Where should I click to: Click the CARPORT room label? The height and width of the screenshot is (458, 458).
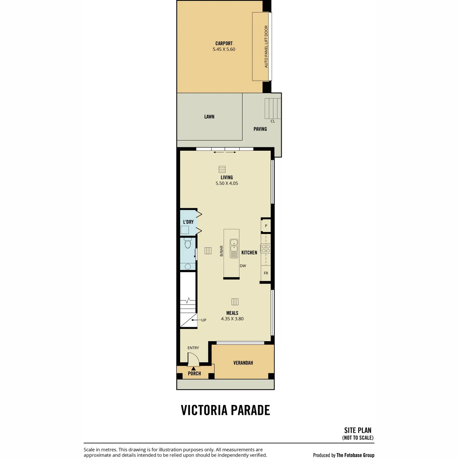[224, 43]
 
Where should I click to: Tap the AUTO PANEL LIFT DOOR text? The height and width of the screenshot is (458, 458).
[266, 47]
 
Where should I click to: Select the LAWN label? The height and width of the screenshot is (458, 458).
[209, 116]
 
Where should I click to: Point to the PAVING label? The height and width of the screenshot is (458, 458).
[260, 129]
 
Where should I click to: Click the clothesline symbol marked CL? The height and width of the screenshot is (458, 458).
[273, 108]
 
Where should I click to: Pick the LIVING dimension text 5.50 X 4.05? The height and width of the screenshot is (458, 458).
[226, 183]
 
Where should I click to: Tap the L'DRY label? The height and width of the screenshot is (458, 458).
[188, 222]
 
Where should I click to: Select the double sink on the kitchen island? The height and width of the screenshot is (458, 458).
[234, 248]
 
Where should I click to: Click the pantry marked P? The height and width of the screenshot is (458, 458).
[266, 226]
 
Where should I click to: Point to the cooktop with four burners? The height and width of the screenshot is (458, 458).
[266, 248]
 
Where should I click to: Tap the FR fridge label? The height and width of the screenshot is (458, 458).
[266, 273]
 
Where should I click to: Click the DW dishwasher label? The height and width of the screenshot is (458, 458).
[243, 266]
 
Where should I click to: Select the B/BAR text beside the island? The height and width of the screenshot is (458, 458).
[221, 251]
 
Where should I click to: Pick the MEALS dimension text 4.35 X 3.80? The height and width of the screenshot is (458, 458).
[232, 319]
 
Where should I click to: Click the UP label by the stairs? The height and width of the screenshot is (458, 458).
[204, 320]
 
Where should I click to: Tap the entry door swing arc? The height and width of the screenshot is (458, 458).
[196, 357]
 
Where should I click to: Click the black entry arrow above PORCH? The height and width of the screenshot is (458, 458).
[194, 369]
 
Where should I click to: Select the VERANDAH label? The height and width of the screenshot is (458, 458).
[243, 363]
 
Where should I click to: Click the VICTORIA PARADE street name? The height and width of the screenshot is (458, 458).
[225, 410]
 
